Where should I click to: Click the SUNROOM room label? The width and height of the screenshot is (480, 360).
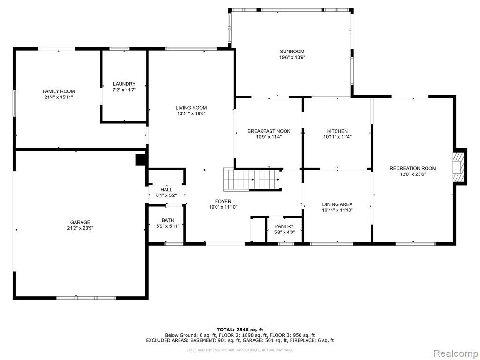tap(292, 52)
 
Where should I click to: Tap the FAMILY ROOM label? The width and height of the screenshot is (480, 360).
tap(59, 91)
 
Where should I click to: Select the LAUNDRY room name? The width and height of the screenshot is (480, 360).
tap(124, 84)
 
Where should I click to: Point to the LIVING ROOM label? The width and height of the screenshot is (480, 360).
tap(191, 107)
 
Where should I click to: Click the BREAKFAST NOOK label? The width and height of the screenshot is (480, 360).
tap(269, 131)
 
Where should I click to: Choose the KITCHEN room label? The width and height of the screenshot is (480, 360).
tap(337, 131)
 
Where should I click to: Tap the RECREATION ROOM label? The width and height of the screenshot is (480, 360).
tap(412, 168)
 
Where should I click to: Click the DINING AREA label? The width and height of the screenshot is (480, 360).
tap(337, 204)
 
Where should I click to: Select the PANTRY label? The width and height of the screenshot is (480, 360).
tap(285, 226)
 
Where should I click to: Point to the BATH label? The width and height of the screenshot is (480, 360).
tap(168, 220)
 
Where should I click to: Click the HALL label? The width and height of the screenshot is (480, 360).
tap(166, 189)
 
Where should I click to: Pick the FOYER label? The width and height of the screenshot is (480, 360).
tap(223, 201)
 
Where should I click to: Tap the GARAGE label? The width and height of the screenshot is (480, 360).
tap(80, 222)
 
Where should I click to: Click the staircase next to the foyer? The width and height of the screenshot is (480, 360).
tap(252, 180)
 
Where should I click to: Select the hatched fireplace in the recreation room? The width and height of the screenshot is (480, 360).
tap(458, 167)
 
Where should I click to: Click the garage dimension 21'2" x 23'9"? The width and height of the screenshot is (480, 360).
tap(80, 228)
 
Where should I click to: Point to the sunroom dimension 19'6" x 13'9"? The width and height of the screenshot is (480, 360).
tap(292, 57)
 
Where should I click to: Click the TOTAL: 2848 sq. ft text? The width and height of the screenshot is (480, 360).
tap(240, 330)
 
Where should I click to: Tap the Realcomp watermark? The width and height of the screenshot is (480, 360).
tap(456, 353)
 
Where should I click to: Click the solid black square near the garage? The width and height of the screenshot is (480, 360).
tap(141, 160)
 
